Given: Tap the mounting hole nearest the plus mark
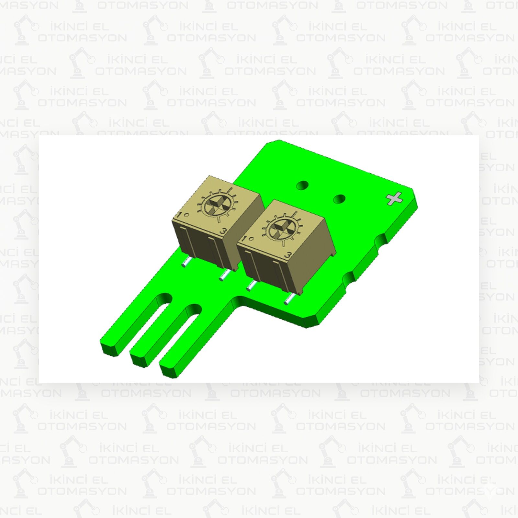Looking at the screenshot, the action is pos(339,199).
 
